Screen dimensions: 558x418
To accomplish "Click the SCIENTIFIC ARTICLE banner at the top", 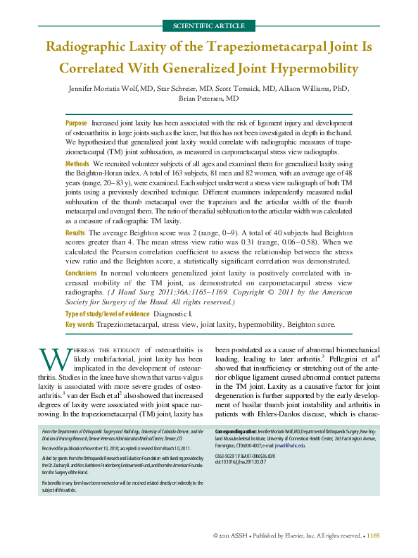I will [209, 26].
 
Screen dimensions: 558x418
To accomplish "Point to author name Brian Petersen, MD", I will [209, 99].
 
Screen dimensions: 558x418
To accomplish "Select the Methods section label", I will [77, 163].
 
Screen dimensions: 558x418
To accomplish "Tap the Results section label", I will [75, 232].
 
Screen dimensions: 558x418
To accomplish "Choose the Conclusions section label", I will [81, 272].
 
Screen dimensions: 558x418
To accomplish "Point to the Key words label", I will [80, 324].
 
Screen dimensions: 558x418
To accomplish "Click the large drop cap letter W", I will [53, 359].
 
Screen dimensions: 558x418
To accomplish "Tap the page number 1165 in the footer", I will [374, 536].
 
